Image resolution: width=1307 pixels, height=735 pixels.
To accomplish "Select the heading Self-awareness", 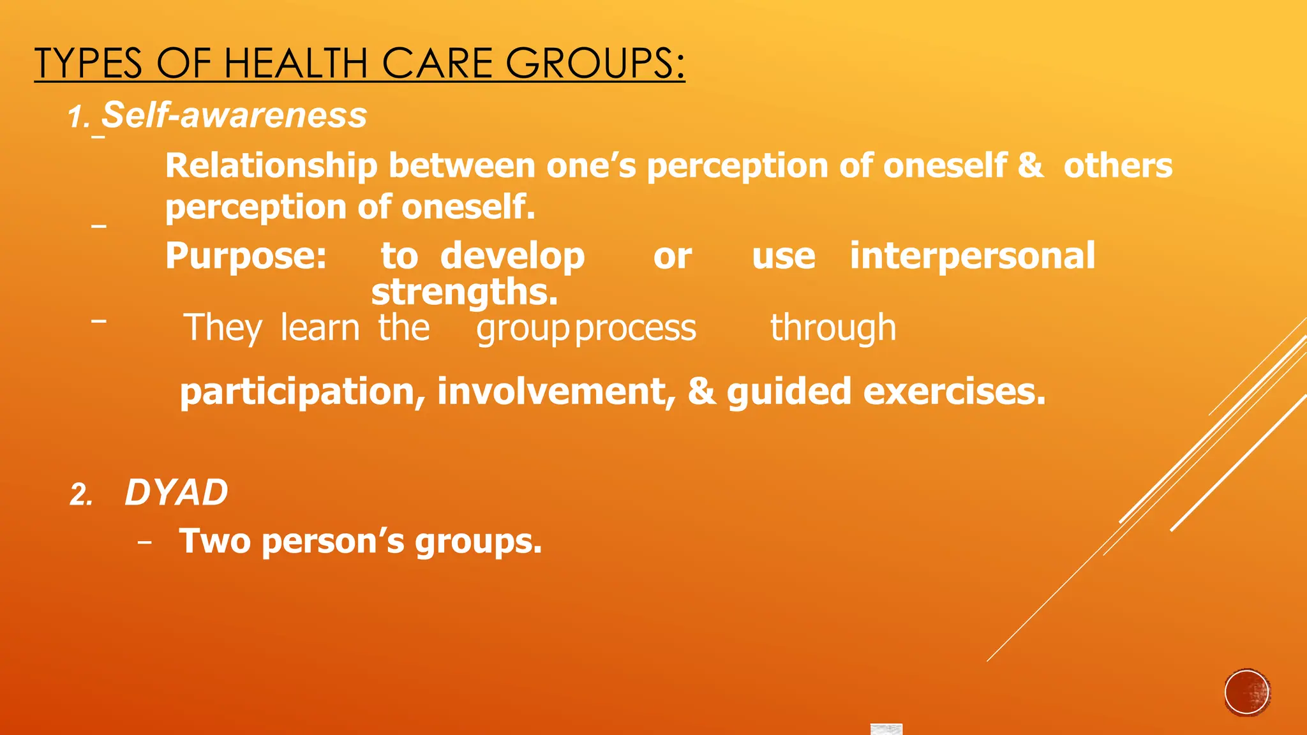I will [234, 115].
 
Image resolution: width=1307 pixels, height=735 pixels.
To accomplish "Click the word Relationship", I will [271, 166].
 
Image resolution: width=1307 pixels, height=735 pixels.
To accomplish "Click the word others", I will [1117, 166].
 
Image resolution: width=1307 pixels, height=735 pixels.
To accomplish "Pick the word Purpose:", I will [246, 256].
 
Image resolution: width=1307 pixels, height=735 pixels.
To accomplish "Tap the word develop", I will [512, 257].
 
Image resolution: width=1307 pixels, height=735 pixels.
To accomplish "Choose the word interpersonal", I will [972, 256].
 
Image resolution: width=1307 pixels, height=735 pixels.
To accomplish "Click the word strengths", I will [465, 292].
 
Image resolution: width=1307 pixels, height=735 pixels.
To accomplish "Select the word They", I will [223, 329].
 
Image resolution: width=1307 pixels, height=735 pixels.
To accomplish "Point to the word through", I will [833, 329].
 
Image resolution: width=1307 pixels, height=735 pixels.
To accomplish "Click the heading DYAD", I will [176, 493].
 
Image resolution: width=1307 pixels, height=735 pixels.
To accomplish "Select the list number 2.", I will [81, 495].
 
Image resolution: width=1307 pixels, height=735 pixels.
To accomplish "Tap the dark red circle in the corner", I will [1247, 692].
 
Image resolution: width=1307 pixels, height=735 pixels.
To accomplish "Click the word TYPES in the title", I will [88, 64].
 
